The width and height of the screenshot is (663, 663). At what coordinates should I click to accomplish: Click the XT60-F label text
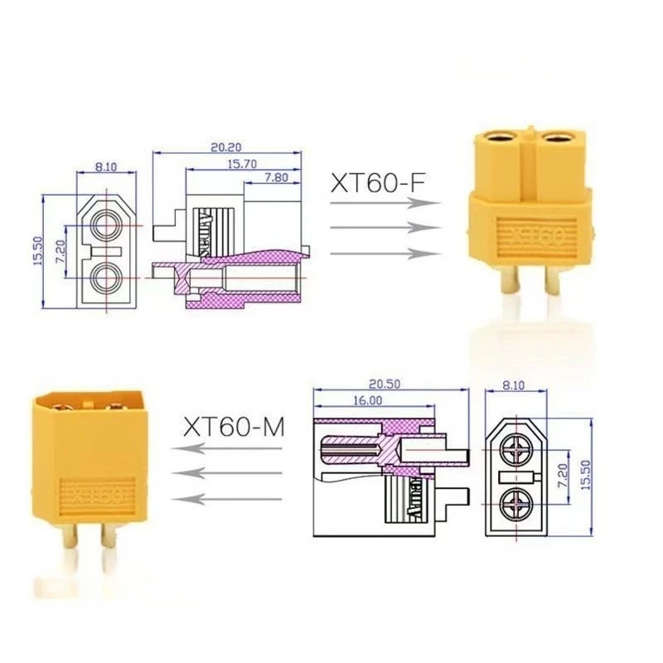point(382,181)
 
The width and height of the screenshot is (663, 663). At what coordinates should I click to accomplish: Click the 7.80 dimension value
point(277,177)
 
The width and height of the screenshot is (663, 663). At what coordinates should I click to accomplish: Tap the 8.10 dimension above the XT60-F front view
point(106,167)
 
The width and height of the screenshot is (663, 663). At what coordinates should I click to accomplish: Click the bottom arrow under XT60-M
point(228,498)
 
